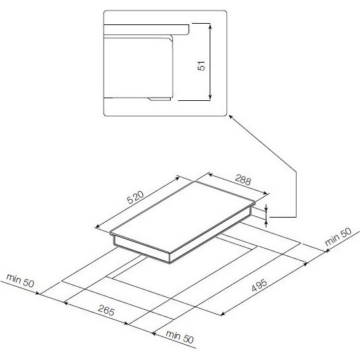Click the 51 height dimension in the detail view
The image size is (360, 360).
(x=201, y=66)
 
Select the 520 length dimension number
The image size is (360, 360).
(x=136, y=197)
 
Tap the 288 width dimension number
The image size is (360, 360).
(x=243, y=181)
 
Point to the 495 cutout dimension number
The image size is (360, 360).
(x=259, y=285)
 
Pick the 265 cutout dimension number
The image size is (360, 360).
(x=106, y=310)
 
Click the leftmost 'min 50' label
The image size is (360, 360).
(x=20, y=281)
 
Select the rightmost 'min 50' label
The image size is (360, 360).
(x=338, y=237)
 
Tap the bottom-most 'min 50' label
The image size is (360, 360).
(x=180, y=337)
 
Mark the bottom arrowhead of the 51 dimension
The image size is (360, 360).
(x=210, y=98)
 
